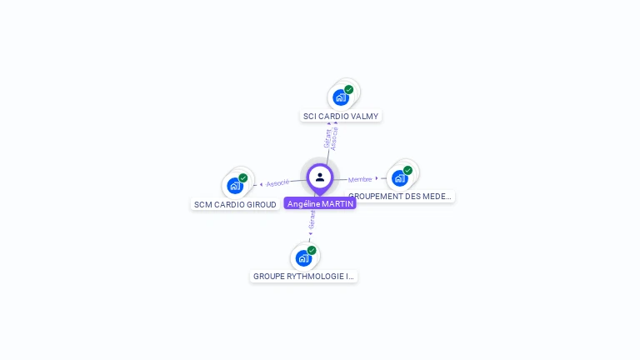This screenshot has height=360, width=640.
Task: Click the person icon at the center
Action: click(320, 177)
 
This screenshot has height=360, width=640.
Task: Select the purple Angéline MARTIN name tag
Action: click(320, 203)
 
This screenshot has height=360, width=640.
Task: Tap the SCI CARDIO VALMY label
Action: click(341, 117)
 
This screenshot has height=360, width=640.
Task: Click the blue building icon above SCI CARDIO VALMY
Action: click(340, 97)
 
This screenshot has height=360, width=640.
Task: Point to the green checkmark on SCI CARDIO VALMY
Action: click(349, 89)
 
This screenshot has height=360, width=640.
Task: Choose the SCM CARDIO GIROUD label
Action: click(235, 204)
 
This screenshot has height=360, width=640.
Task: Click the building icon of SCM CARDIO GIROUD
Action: click(234, 186)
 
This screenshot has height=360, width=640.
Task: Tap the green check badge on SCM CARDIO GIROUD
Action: click(243, 177)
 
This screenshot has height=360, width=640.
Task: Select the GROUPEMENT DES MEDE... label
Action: click(401, 197)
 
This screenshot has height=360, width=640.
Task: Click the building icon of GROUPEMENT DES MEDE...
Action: click(400, 177)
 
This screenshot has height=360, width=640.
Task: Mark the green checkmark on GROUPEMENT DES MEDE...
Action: click(408, 170)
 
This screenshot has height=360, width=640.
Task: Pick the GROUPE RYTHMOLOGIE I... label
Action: click(303, 276)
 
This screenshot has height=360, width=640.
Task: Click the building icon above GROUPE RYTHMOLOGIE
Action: click(303, 257)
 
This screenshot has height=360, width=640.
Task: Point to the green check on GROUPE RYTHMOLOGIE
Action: click(312, 250)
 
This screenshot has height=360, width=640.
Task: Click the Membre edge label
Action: click(360, 179)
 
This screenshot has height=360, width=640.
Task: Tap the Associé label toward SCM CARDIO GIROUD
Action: click(278, 182)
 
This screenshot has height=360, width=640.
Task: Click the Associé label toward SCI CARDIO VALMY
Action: click(335, 137)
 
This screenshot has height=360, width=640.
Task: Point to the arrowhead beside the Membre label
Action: click(377, 178)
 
